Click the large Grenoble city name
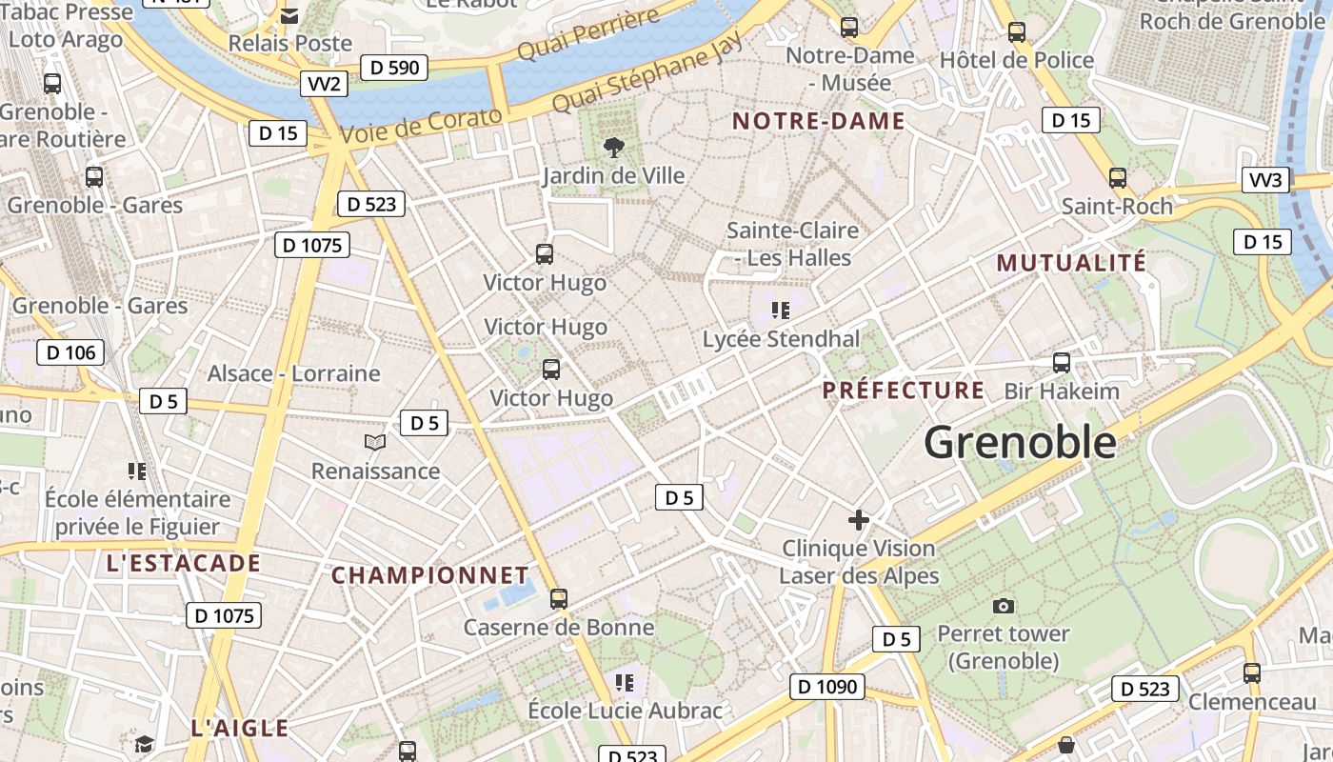click(x=1020, y=443)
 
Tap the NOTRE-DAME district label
click(x=818, y=121)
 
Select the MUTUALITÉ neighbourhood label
click(x=1071, y=263)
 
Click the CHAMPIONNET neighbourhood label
click(x=429, y=575)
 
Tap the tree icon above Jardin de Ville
click(x=614, y=147)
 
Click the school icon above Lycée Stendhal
click(x=781, y=310)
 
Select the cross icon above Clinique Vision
click(x=859, y=520)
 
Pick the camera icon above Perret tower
click(x=1003, y=606)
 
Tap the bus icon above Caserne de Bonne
click(x=559, y=599)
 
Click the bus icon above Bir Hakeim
click(x=1062, y=363)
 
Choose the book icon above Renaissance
click(x=375, y=442)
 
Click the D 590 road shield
click(x=394, y=68)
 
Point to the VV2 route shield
click(x=324, y=84)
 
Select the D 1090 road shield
click(x=826, y=686)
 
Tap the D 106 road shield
click(x=70, y=352)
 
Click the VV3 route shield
click(x=1266, y=180)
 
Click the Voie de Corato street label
click(x=420, y=128)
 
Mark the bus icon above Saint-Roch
click(x=1117, y=178)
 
